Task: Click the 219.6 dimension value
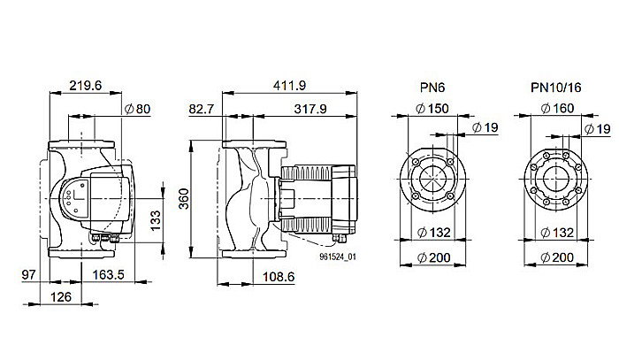coord(87,87)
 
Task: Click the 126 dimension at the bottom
coord(59,296)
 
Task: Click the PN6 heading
coord(434,87)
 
